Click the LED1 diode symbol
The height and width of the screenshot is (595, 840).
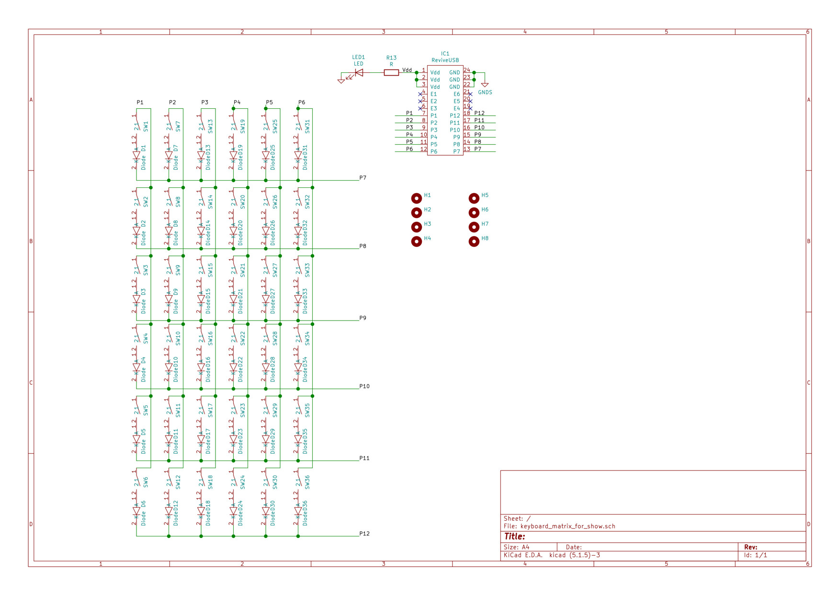pyautogui.click(x=359, y=73)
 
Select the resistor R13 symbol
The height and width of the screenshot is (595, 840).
pyautogui.click(x=391, y=73)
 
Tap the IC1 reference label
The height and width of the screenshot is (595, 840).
pyautogui.click(x=445, y=54)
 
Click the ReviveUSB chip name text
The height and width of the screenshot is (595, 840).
pyautogui.click(x=445, y=60)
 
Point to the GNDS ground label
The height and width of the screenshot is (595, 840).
pyautogui.click(x=485, y=92)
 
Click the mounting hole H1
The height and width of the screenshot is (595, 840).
pyautogui.click(x=417, y=198)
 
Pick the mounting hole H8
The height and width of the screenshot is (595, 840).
pyautogui.click(x=474, y=241)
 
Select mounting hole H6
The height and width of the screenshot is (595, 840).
pyautogui.click(x=474, y=212)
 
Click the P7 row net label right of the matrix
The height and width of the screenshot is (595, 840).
pyautogui.click(x=363, y=178)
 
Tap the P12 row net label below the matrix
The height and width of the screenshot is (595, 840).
pyautogui.click(x=364, y=534)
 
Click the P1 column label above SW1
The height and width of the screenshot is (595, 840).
pyautogui.click(x=140, y=103)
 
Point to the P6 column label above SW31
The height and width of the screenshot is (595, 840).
pyautogui.click(x=302, y=103)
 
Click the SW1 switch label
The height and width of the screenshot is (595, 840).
pyautogui.click(x=146, y=126)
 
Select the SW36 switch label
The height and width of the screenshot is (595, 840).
pyautogui.click(x=307, y=482)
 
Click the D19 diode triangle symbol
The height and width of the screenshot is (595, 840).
pyautogui.click(x=233, y=155)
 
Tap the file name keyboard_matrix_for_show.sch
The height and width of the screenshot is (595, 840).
pyautogui.click(x=568, y=526)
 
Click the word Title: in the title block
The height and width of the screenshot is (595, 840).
pyautogui.click(x=514, y=537)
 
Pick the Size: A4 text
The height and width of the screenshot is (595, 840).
pyautogui.click(x=516, y=547)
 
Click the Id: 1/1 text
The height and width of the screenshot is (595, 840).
pyautogui.click(x=755, y=555)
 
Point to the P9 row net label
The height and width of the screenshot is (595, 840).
pyautogui.click(x=363, y=318)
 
